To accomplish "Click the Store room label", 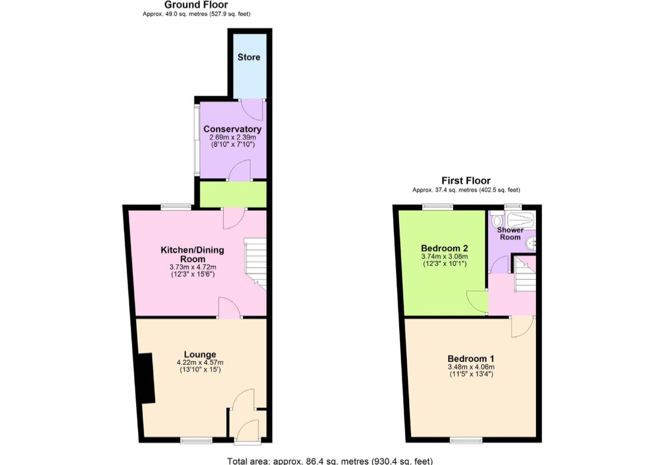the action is (249, 57).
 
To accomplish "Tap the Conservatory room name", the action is (232, 129).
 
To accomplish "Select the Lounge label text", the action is (200, 354).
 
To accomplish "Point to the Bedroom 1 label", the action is (471, 358).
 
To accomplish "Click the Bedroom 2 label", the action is (445, 248).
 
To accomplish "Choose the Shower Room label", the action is (510, 233).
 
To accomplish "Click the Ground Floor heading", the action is (196, 5).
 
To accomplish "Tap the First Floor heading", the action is (466, 181).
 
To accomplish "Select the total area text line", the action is (330, 461).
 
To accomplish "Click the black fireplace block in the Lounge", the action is (146, 377).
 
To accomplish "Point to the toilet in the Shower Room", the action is (497, 220).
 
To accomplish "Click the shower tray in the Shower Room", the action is (521, 220).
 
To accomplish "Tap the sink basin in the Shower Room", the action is (531, 243).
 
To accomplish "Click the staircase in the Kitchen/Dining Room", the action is (255, 264).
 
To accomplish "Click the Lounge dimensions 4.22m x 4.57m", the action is (200, 363).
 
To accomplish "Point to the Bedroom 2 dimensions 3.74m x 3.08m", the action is (445, 256).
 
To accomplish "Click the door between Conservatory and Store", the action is (252, 110).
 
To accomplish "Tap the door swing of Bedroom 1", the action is (522, 327).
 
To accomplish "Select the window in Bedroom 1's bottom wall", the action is (466, 440).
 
